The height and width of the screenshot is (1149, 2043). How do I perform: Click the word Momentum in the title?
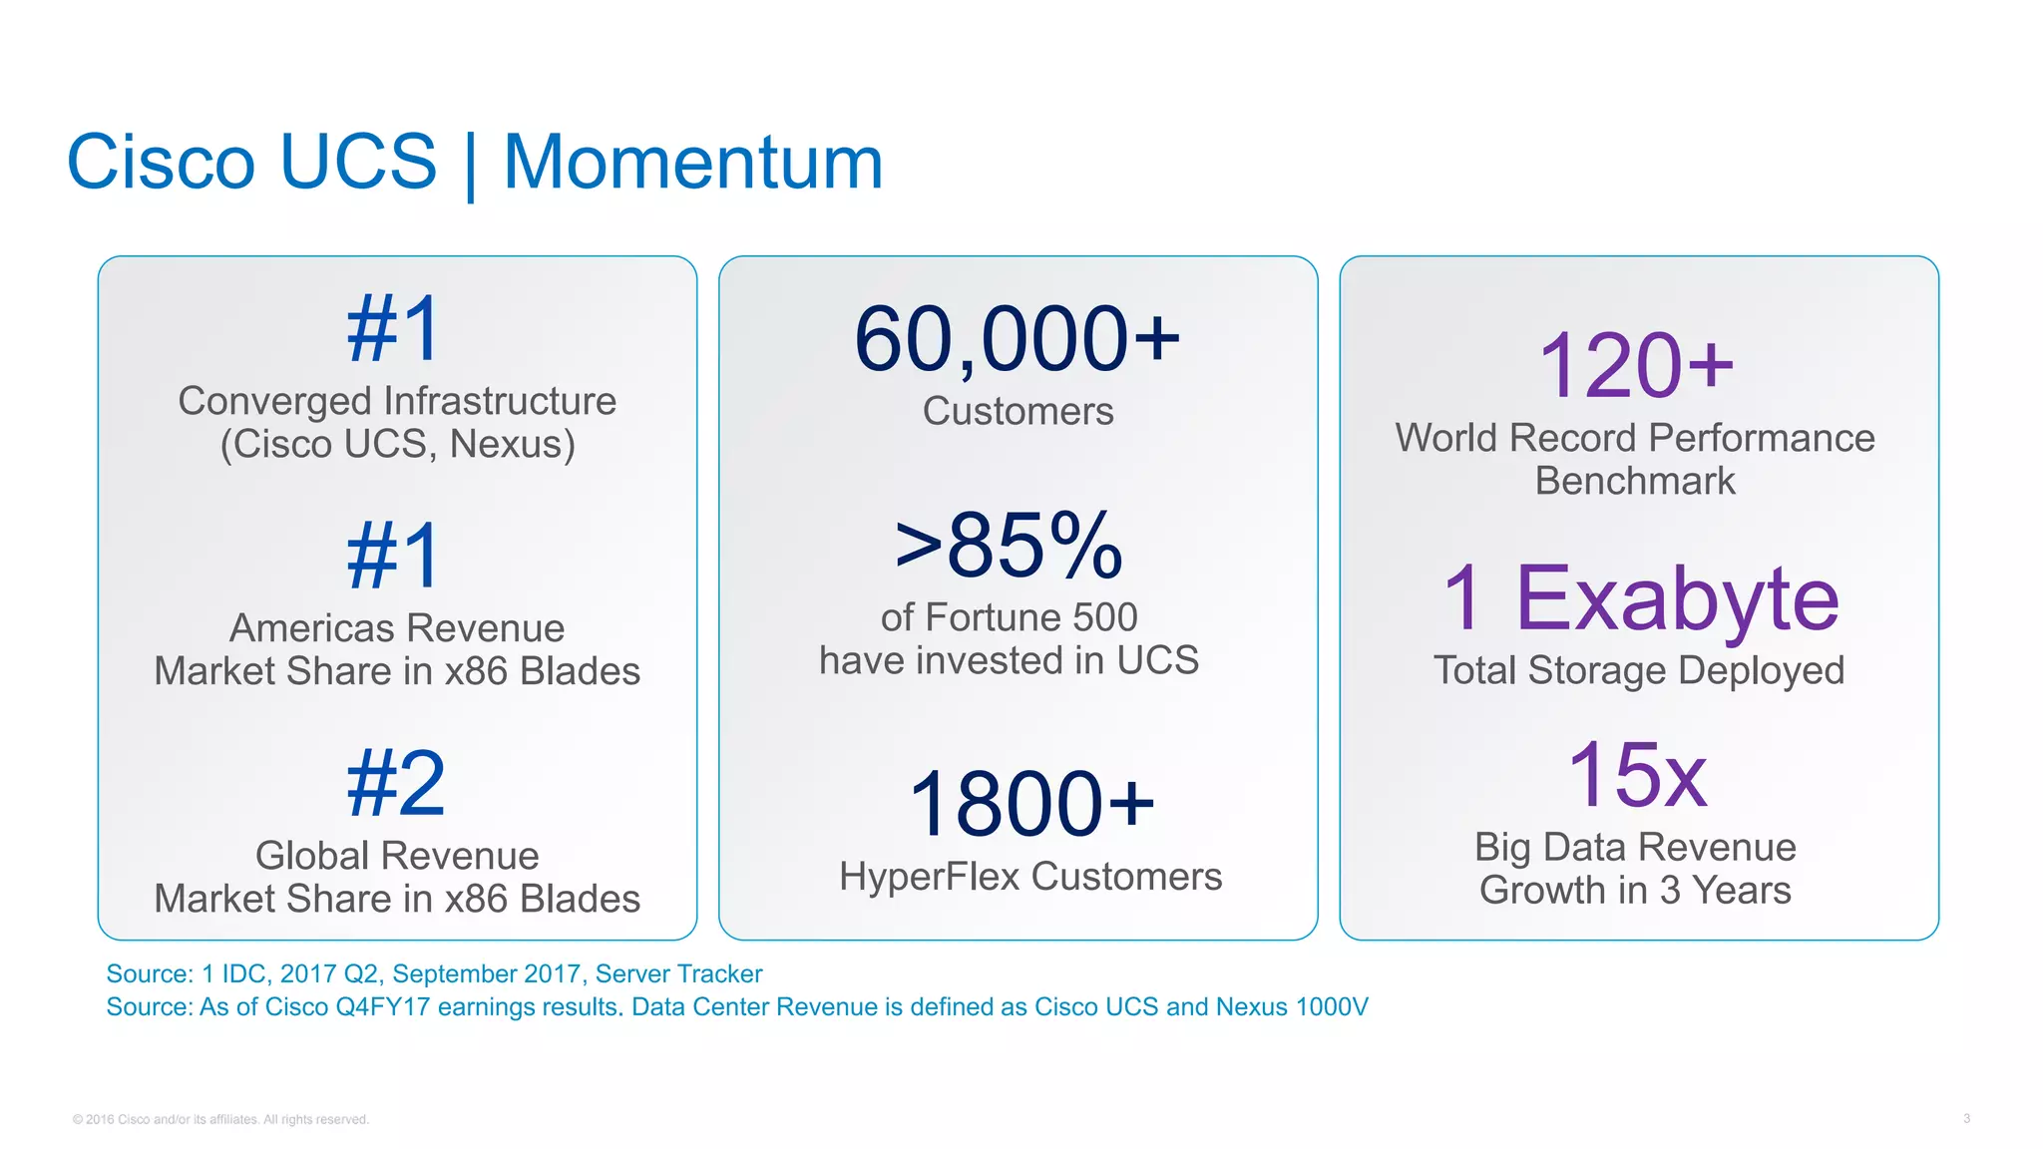point(692,163)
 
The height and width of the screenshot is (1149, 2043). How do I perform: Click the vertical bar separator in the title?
point(470,165)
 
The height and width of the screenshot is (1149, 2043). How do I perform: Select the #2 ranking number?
point(396,784)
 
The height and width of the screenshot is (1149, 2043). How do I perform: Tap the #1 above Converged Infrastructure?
point(393,329)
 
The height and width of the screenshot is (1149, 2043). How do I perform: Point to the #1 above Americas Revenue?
point(393,557)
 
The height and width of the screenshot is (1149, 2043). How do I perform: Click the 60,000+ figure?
point(1017,340)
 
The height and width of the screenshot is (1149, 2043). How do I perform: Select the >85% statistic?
point(1009,546)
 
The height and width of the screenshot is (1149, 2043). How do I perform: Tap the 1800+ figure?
point(1030,804)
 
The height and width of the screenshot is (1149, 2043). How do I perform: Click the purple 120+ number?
point(1636,366)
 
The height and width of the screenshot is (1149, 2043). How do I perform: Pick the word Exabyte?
point(1677,598)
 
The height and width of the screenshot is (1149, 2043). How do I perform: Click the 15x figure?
point(1636,775)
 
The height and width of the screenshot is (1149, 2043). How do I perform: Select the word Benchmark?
point(1635,481)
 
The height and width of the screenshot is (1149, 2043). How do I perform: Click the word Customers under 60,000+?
point(1018,411)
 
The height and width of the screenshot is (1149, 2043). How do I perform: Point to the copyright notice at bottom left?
point(220,1119)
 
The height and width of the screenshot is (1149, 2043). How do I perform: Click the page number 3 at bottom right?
point(1966,1118)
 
